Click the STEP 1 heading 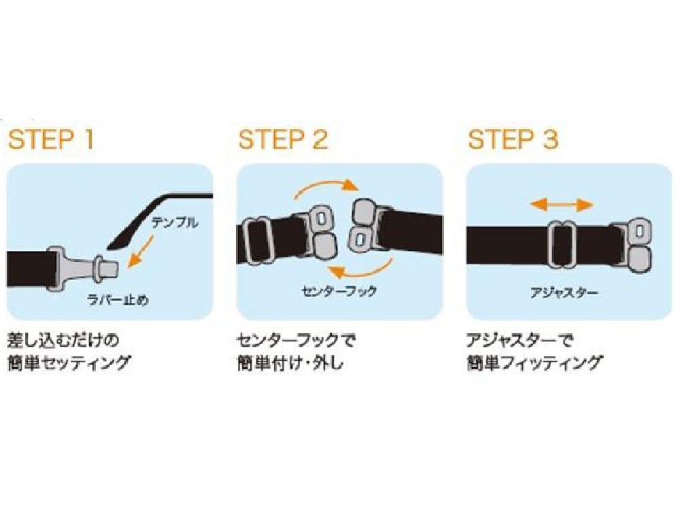coord(51,139)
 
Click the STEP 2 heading coord(283,139)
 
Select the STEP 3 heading coord(513,139)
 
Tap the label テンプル coord(174,223)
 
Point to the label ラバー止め coord(118,299)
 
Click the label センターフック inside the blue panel coord(339,291)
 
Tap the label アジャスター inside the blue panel coord(564,292)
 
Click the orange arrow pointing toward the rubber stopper coord(141,250)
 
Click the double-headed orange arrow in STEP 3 coord(562,205)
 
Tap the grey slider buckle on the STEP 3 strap coord(562,244)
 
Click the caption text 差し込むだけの coord(63,340)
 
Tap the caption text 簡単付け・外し coord(290,362)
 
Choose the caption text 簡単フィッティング coord(534,362)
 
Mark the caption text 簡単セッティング coord(69,362)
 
